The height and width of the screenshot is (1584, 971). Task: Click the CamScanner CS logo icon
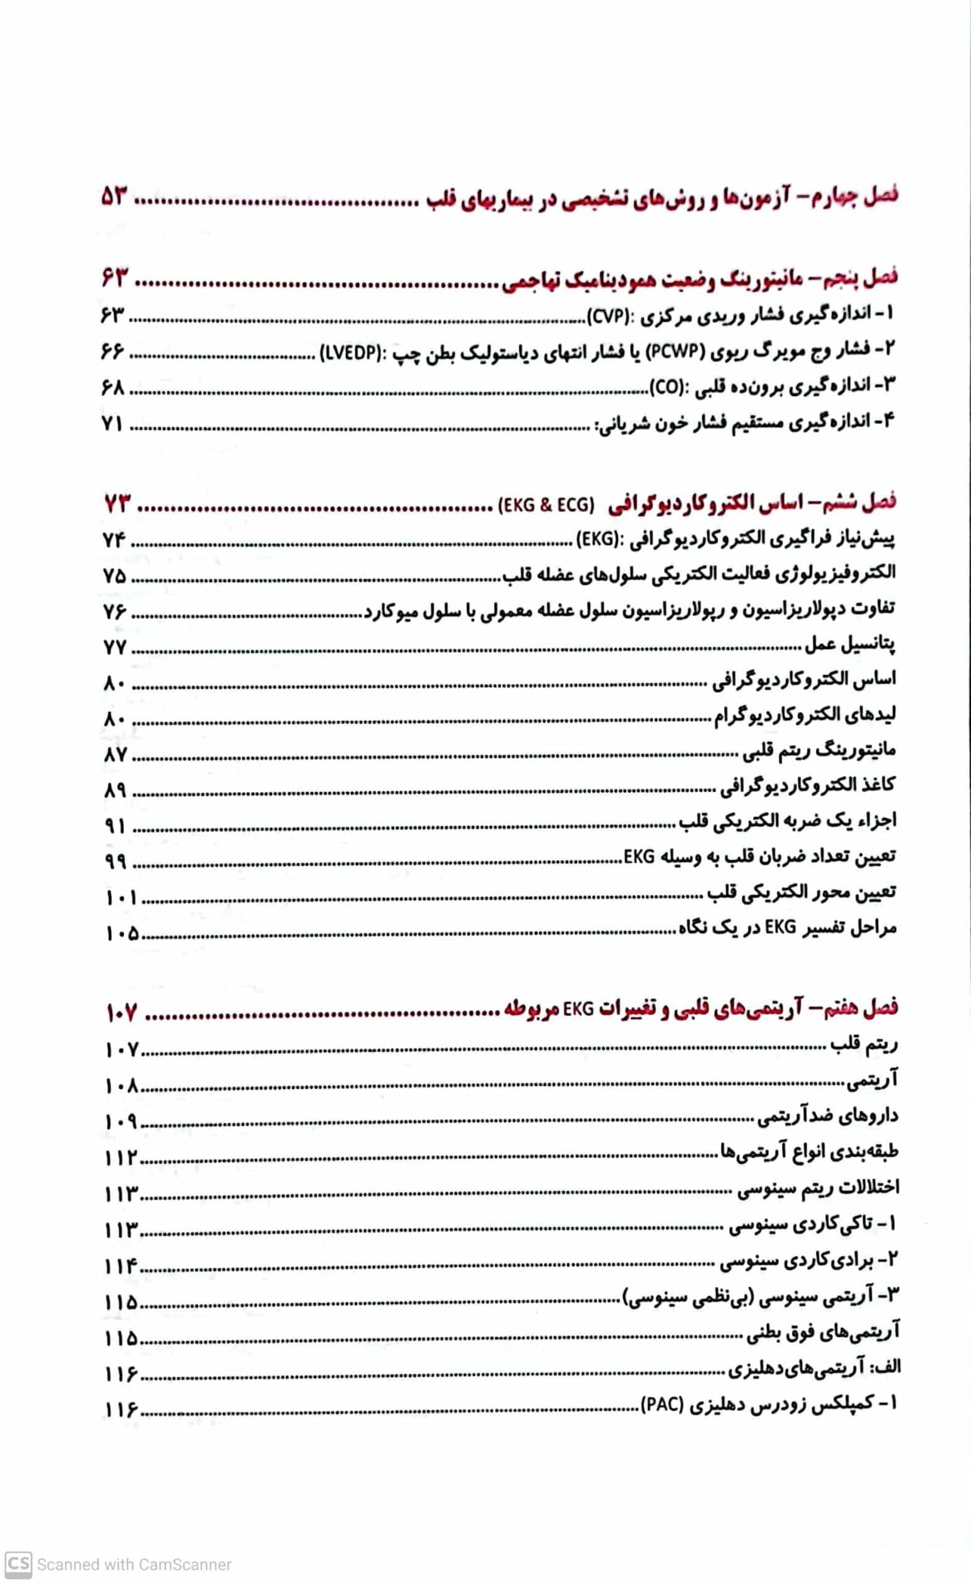pyautogui.click(x=17, y=1564)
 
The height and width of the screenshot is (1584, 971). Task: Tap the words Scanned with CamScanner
pyautogui.click(x=134, y=1565)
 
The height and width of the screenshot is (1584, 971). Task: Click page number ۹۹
pyautogui.click(x=115, y=861)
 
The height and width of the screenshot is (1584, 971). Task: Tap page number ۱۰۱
pyautogui.click(x=120, y=897)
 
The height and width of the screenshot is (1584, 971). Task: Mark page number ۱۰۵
pyautogui.click(x=122, y=934)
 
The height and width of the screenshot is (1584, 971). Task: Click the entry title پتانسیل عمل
pyautogui.click(x=849, y=644)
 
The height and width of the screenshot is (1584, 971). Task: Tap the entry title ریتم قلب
pyautogui.click(x=863, y=1046)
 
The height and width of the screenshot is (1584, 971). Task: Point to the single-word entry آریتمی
pyautogui.click(x=871, y=1082)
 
